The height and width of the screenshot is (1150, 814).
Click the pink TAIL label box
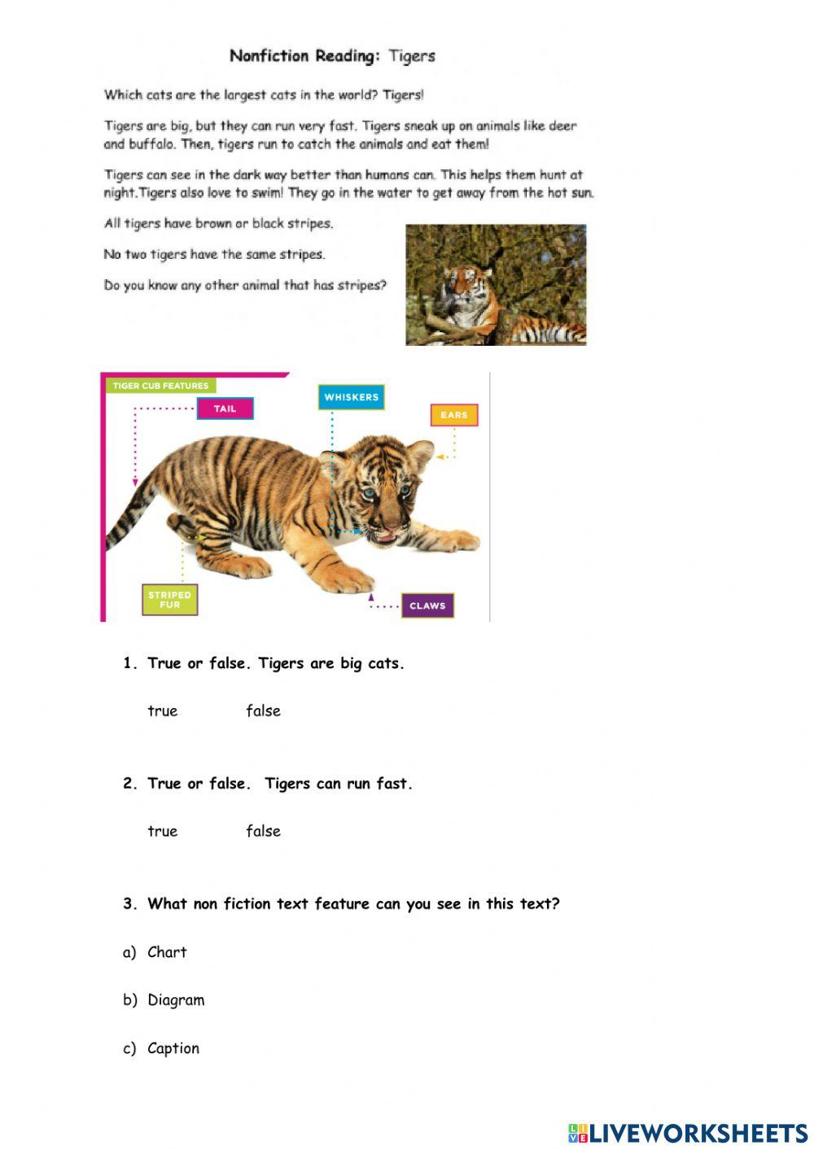point(225,409)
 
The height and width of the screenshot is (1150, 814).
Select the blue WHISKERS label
point(351,397)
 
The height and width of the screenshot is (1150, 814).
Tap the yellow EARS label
point(453,415)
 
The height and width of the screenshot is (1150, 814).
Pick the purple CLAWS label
point(427,606)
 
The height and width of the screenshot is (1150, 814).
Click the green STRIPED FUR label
point(169,600)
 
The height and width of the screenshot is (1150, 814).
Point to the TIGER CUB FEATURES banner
point(160,386)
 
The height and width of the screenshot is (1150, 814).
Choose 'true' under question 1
point(162,711)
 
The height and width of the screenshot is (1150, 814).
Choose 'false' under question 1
point(263,711)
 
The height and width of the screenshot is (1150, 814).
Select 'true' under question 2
point(162,831)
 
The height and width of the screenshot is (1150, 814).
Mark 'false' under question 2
point(263,831)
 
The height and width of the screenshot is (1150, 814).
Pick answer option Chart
point(167,952)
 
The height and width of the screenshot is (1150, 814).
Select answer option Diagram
point(176,1000)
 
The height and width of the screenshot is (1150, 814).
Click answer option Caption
point(173,1048)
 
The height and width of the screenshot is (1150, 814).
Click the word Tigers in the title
point(412,56)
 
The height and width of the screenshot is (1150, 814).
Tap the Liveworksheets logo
point(688,1133)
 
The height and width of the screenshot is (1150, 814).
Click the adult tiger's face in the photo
point(461,286)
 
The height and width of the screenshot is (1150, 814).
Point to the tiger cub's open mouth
point(386,537)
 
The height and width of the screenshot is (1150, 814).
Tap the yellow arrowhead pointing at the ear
point(440,457)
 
